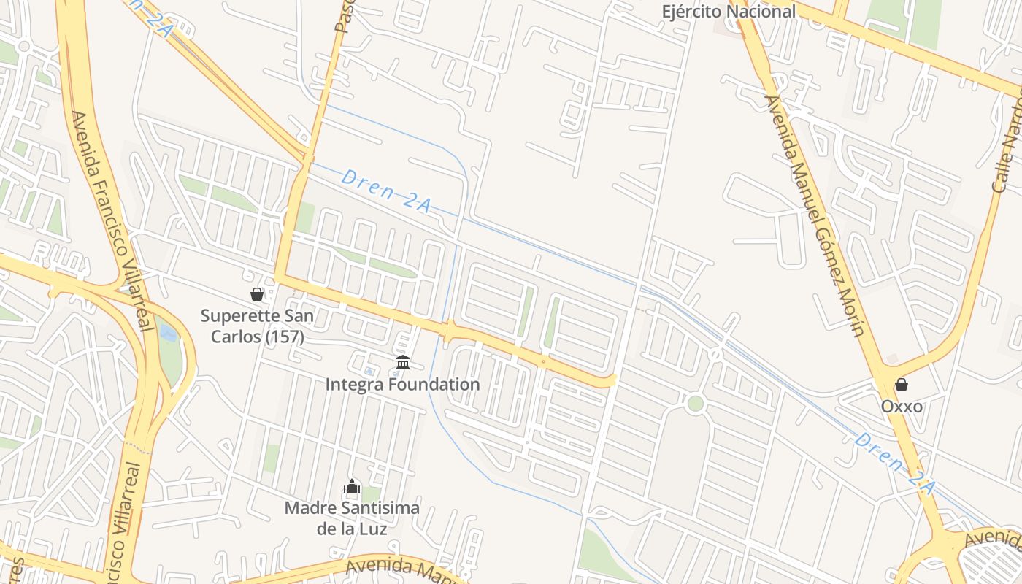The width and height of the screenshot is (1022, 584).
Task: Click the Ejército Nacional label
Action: (729, 12)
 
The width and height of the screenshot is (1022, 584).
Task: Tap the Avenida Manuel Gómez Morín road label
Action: (814, 216)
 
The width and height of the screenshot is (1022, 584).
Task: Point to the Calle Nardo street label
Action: (1010, 146)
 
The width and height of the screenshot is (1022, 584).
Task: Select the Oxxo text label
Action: (902, 407)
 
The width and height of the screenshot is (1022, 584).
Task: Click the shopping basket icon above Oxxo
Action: (902, 385)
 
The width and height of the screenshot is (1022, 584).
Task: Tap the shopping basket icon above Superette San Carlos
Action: (257, 294)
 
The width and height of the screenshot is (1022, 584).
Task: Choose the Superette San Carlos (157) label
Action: (257, 326)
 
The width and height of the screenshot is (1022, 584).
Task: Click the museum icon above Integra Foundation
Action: (403, 362)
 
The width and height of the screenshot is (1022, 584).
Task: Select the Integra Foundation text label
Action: (403, 384)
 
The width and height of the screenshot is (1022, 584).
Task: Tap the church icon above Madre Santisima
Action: (352, 486)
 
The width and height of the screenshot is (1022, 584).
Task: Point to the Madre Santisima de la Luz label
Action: (352, 517)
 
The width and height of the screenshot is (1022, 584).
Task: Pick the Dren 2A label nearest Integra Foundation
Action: (385, 191)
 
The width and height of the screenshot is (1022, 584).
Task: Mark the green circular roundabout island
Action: (696, 403)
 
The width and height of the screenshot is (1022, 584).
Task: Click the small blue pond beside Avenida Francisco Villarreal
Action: (168, 334)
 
